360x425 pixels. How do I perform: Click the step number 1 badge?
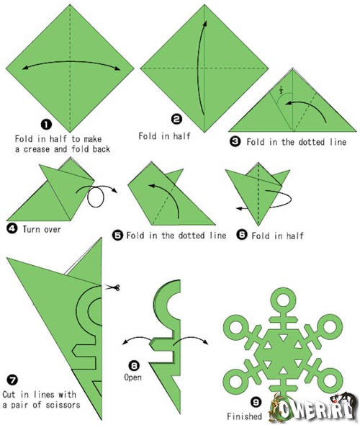click(x=46, y=125)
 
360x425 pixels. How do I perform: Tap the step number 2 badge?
click(x=177, y=119)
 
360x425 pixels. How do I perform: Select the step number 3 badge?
click(x=235, y=141)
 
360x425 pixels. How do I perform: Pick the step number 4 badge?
click(x=12, y=228)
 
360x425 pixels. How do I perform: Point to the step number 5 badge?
click(x=118, y=235)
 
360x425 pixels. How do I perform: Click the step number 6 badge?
click(x=242, y=234)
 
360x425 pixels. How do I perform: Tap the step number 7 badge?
click(x=12, y=380)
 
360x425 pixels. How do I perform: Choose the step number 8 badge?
click(x=134, y=366)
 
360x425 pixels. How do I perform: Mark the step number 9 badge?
click(x=256, y=402)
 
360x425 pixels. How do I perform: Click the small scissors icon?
click(x=112, y=287)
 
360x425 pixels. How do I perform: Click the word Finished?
click(x=244, y=416)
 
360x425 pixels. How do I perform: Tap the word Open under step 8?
click(x=132, y=377)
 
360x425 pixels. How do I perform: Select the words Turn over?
click(x=42, y=229)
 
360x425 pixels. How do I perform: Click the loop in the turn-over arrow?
click(x=96, y=197)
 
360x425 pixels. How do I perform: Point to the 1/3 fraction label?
click(x=281, y=90)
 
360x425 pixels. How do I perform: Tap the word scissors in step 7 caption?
click(x=63, y=405)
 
